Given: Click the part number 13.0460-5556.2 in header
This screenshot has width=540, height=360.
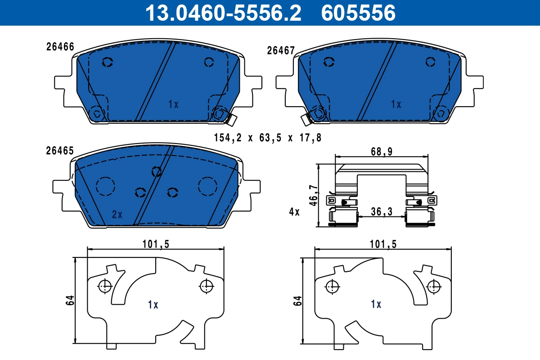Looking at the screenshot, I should pos(222,13).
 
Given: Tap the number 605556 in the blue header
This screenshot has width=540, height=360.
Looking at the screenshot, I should pos(358,13).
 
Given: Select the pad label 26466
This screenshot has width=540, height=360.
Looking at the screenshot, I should pos(60,47).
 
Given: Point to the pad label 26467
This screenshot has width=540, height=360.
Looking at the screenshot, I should pos(281,50).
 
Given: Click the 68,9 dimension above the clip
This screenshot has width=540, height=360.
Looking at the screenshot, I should pos(382,152).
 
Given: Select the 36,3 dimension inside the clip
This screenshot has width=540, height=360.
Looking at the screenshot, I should pos(381,211).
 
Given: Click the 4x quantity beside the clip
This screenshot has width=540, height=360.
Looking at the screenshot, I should pos(294,211).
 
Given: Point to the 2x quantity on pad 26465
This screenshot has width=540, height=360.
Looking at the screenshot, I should pos(117,215).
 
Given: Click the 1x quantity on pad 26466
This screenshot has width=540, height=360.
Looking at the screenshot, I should pos(173,104).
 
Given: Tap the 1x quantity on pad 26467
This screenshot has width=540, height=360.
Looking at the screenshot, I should pos(396,104).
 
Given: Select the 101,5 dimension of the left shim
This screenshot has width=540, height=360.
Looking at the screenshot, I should pos(155,244).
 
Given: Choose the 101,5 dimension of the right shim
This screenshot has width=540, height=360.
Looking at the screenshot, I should pos(382,244).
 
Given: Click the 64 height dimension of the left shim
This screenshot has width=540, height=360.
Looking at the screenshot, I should pos(70,300).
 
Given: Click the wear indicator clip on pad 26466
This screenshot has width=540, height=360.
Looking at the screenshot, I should pos(233,119).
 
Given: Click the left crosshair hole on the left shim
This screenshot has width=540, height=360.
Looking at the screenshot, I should pos(105,285).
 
